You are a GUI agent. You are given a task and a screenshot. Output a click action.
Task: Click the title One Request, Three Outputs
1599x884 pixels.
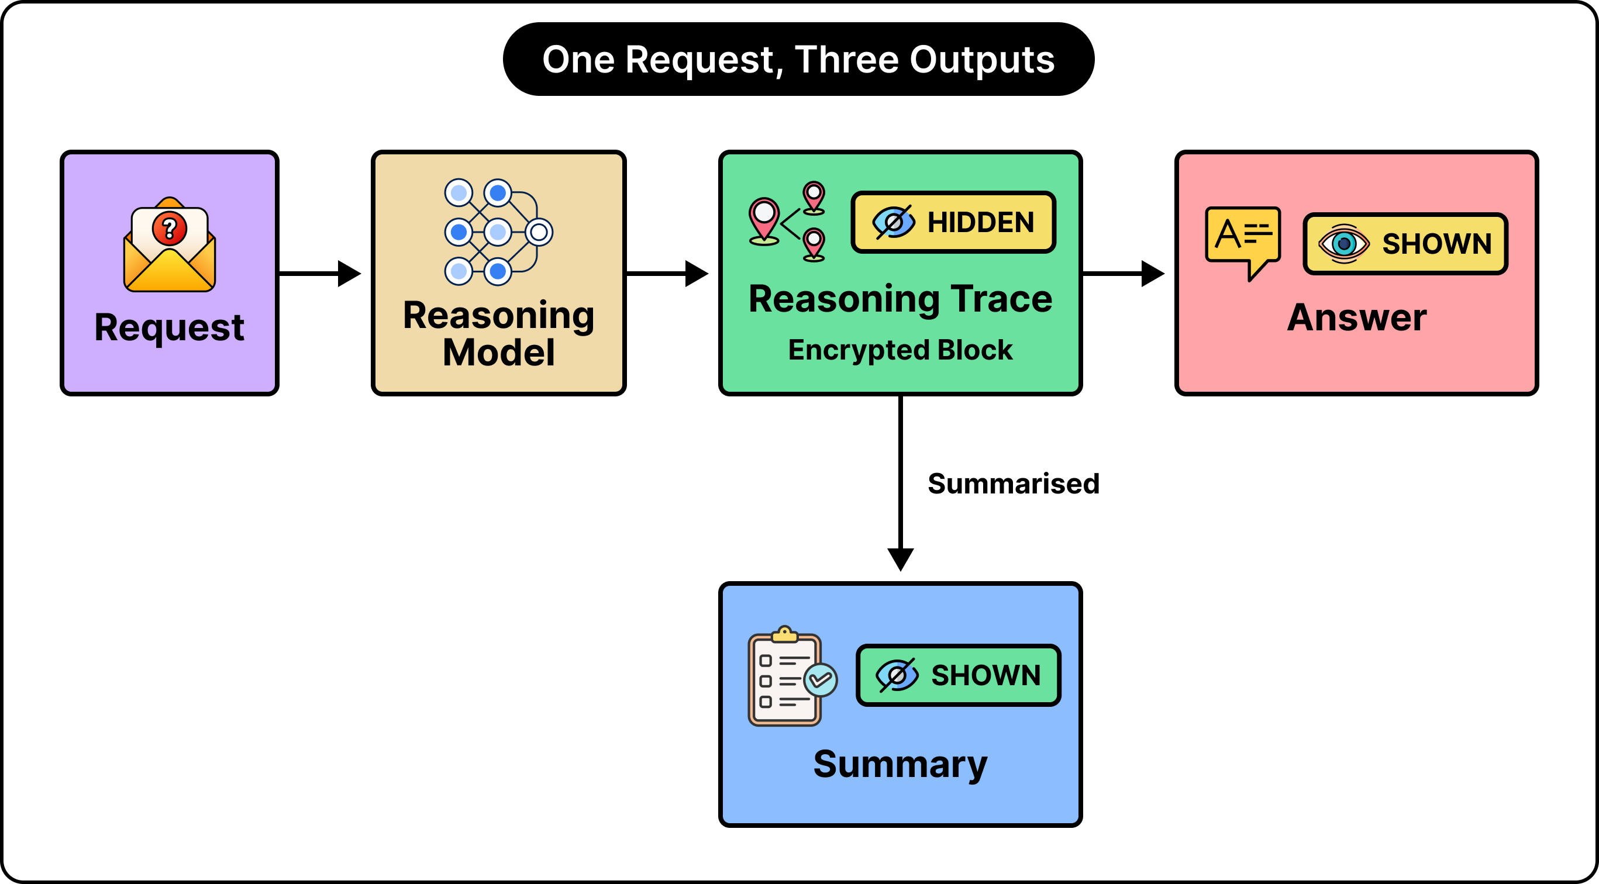[x=798, y=60]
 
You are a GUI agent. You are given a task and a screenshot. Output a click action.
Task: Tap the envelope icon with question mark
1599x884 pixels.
[x=170, y=244]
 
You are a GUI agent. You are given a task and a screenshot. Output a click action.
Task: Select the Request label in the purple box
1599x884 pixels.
[x=170, y=327]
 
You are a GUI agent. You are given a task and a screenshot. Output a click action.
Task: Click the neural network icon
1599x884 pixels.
[x=498, y=232]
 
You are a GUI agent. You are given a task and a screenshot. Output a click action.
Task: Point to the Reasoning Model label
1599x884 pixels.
[x=498, y=334]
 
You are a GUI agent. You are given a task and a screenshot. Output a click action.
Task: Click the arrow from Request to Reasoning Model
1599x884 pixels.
[x=320, y=273]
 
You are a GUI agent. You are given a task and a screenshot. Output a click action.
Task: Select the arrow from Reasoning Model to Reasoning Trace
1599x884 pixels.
[x=667, y=273]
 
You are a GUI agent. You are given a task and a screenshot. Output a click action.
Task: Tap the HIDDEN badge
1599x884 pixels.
[x=953, y=222]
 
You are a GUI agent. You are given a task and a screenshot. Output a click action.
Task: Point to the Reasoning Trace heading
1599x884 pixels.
[x=900, y=299]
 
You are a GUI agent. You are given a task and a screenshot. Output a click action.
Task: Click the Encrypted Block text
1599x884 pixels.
[x=900, y=350]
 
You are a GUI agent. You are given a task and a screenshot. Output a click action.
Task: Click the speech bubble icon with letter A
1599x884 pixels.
[x=1243, y=242]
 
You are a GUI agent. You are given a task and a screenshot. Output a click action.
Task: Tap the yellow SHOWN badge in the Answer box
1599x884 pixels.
[x=1405, y=244]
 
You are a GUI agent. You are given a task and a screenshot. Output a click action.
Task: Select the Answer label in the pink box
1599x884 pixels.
[x=1357, y=318]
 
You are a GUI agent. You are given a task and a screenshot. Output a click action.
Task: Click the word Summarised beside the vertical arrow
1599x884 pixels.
[x=1014, y=484]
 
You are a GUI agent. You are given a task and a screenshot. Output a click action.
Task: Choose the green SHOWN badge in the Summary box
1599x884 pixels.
[x=959, y=675]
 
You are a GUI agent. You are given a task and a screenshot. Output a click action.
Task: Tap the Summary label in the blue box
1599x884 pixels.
[x=900, y=765]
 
